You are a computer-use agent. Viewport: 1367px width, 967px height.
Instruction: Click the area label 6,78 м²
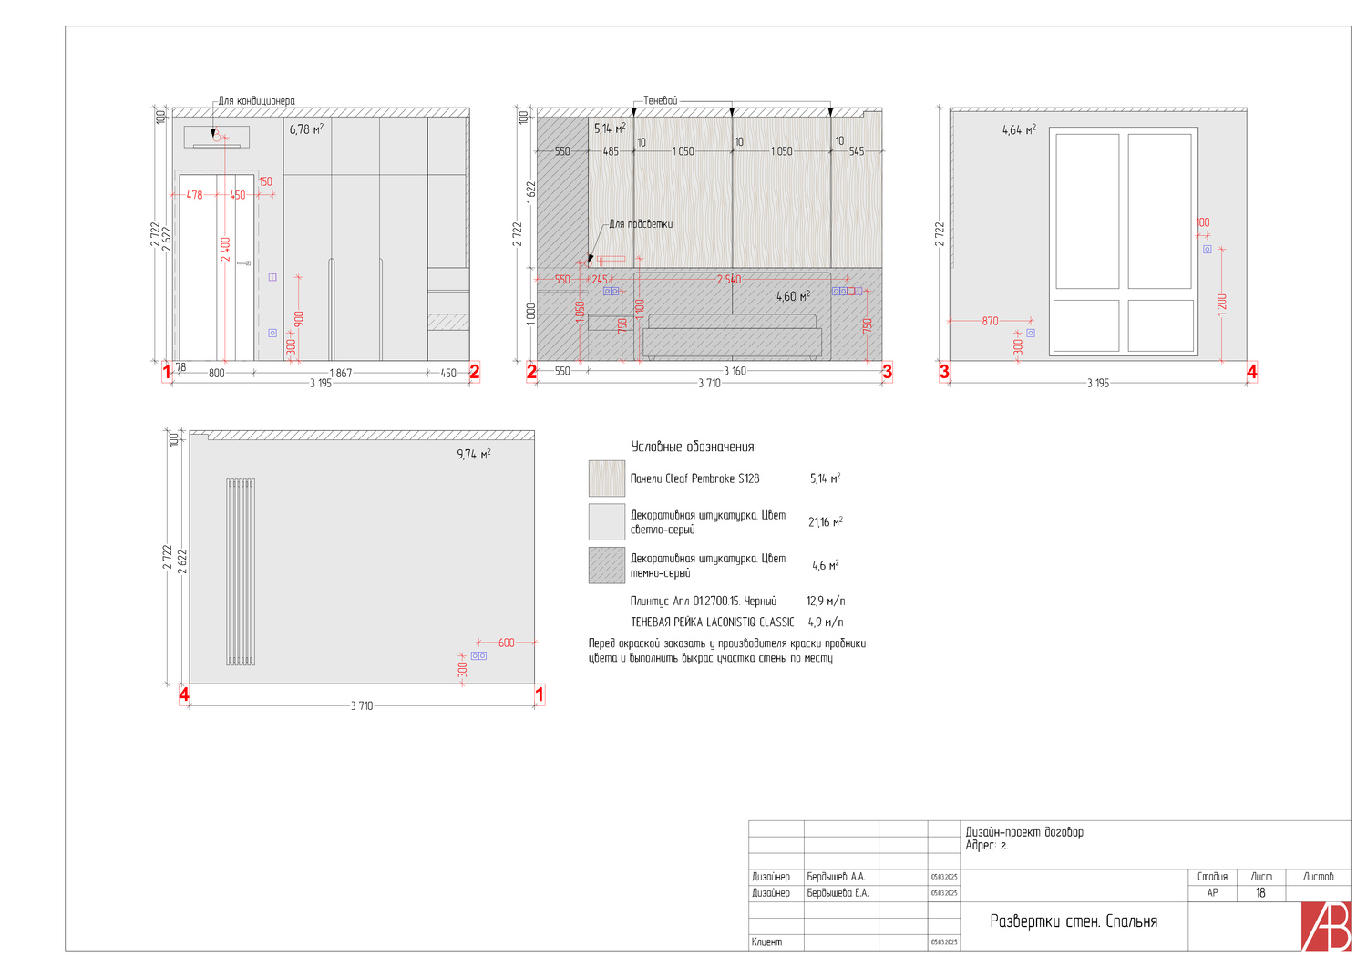[x=306, y=129]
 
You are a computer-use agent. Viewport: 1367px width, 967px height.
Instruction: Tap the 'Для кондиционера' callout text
[x=256, y=101]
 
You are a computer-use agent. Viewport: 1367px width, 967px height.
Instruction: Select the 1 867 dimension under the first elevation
[x=341, y=373]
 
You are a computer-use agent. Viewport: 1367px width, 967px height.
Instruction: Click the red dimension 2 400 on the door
[x=225, y=249]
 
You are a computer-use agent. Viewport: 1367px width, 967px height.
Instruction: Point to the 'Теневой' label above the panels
[x=660, y=100]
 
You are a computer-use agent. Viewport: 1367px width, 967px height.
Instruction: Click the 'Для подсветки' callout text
[x=641, y=224]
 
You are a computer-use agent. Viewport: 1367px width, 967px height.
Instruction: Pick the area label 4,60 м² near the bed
[x=793, y=296]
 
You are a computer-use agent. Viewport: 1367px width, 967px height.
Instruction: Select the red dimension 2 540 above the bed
[x=728, y=280]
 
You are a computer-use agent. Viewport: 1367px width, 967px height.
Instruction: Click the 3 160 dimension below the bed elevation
[x=735, y=371]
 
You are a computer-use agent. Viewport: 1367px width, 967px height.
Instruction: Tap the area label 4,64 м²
[x=1019, y=130]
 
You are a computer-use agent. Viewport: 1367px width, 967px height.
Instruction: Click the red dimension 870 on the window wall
[x=990, y=321]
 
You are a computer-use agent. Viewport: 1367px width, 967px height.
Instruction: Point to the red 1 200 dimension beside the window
[x=1222, y=303]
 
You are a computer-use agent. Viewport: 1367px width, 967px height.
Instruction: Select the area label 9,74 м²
[x=474, y=454]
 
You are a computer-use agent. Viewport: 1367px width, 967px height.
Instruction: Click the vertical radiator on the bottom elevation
[x=241, y=571]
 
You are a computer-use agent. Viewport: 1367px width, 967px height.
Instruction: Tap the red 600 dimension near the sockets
[x=506, y=643]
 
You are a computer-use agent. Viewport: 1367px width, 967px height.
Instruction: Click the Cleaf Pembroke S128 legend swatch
[x=607, y=478]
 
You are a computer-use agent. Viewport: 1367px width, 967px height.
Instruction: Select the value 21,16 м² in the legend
[x=825, y=522]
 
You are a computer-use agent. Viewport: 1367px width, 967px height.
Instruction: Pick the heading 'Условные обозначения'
[x=694, y=447]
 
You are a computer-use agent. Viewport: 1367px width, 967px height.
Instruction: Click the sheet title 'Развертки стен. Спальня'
[x=1074, y=921]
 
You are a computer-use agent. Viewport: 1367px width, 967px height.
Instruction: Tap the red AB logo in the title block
[x=1326, y=926]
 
